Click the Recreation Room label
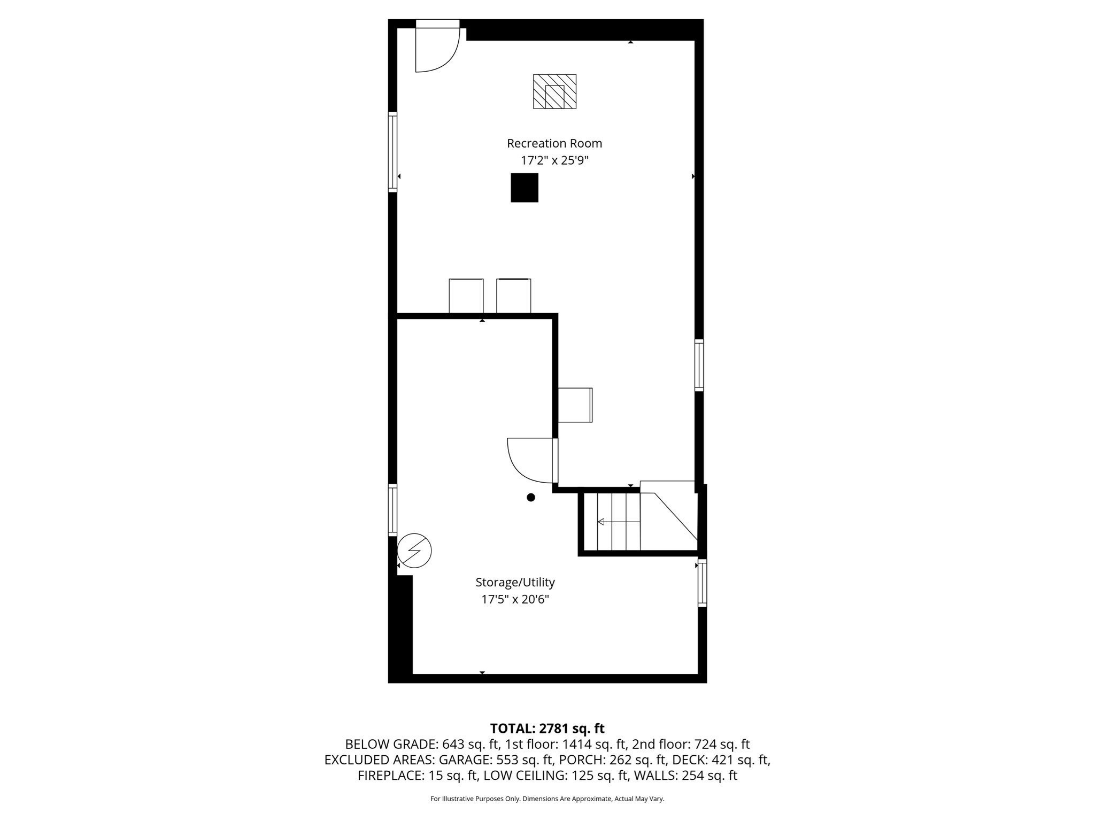pos(554,143)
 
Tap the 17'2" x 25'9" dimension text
pos(554,160)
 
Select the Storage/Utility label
pos(515,582)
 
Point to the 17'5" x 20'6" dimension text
pos(515,599)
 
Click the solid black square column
pos(524,188)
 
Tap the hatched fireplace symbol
pos(554,91)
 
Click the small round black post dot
pos(531,497)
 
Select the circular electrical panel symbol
pos(414,550)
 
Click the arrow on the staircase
pos(618,522)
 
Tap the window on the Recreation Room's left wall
pos(392,152)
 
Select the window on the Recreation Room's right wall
pos(699,365)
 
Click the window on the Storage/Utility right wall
pos(703,583)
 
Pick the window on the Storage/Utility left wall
pos(392,510)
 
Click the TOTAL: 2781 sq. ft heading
pos(547,728)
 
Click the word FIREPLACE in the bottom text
pos(391,776)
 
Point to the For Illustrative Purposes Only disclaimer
pos(547,799)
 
